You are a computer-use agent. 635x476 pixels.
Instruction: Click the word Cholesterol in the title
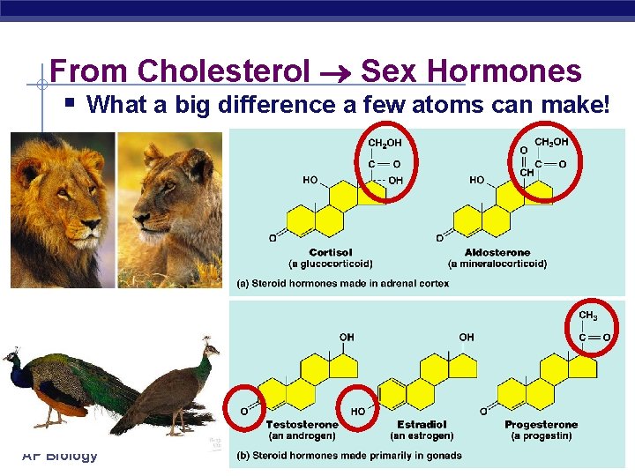pos(224,71)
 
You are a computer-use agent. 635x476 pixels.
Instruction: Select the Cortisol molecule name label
pos(331,252)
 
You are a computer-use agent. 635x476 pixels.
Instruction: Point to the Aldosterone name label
pos(496,252)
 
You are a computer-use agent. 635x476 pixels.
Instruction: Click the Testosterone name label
pos(302,425)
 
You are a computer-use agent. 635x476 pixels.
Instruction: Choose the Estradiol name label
pos(422,425)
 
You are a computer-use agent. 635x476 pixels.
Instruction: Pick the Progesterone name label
pos(541,425)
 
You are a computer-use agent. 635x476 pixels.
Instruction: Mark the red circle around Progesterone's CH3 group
pos(591,328)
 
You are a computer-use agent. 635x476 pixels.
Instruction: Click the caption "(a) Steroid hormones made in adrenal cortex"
pos(342,283)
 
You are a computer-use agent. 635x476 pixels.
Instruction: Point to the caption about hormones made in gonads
pos(348,456)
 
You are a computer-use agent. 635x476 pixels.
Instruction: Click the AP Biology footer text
pos(60,456)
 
